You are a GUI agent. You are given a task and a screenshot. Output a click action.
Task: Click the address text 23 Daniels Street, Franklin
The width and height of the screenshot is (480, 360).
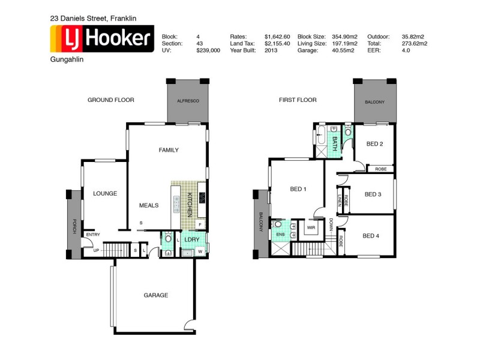coord(93,19)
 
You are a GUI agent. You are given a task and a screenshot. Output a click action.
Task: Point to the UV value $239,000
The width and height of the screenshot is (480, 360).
coord(208,51)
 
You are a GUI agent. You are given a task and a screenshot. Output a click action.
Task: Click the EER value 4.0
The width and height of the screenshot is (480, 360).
coord(406,51)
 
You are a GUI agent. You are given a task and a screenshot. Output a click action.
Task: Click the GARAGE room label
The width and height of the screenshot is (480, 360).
coord(155,295)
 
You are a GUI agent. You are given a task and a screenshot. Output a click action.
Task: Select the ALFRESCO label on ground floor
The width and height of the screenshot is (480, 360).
coord(187,101)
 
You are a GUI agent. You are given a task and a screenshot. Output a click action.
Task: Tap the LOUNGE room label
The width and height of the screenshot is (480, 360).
coord(105,194)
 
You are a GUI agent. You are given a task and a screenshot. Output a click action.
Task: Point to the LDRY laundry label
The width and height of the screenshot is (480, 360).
coord(192,239)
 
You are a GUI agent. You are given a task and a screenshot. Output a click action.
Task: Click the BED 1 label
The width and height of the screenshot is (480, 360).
coord(298,189)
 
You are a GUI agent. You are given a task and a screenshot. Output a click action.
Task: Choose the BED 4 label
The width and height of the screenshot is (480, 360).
coord(371,236)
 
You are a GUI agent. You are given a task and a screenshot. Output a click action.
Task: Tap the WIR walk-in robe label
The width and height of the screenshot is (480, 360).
coord(311,228)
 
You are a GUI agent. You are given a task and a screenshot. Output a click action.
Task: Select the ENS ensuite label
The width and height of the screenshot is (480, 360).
coord(280,234)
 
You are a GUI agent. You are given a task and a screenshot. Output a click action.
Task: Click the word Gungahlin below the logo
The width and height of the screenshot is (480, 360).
coord(67,61)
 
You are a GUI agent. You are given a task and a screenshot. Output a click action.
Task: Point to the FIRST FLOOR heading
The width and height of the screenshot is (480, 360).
coord(298,100)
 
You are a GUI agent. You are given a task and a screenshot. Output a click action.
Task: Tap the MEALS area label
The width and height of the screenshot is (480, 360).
coord(149,205)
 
